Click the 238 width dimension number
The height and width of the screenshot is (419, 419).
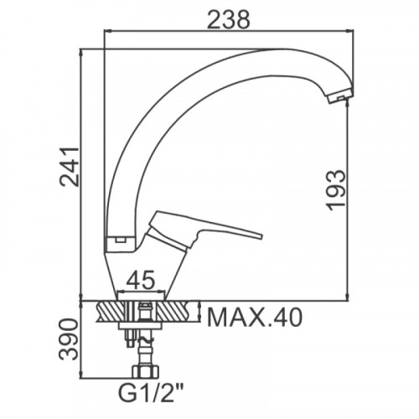point(228,19)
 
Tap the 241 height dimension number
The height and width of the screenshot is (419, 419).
point(70,166)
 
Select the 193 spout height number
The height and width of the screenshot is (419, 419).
point(337,190)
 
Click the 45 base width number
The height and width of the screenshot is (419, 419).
point(140,280)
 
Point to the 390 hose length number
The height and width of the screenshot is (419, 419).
point(69,339)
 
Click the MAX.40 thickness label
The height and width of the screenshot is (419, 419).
point(255,318)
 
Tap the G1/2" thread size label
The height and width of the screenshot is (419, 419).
point(151,393)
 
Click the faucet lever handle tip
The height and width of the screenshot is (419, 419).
point(261,236)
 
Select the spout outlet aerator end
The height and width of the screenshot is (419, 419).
point(340,97)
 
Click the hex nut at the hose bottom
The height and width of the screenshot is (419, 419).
point(145,371)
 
